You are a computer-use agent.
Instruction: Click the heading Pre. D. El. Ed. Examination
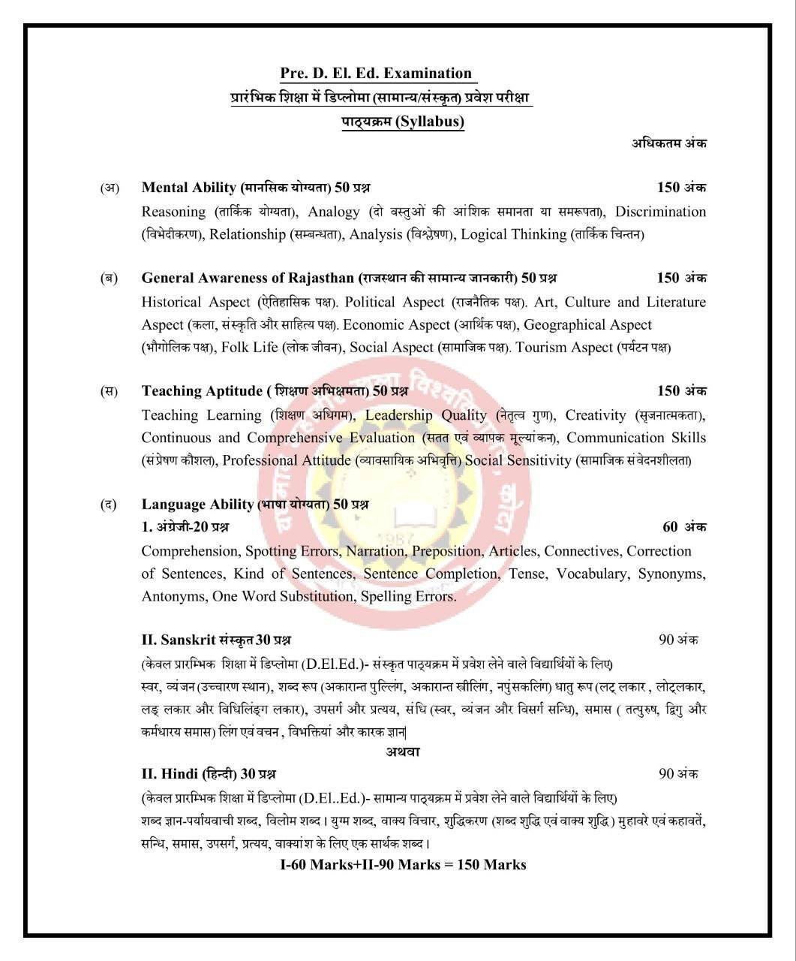coord(376,73)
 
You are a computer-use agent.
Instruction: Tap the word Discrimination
coord(660,212)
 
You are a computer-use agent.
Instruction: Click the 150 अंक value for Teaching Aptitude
coord(681,390)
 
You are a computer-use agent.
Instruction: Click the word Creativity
coord(595,415)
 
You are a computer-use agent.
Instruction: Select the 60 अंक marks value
coord(684,527)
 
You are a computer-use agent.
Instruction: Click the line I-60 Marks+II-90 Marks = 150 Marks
coord(403,865)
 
